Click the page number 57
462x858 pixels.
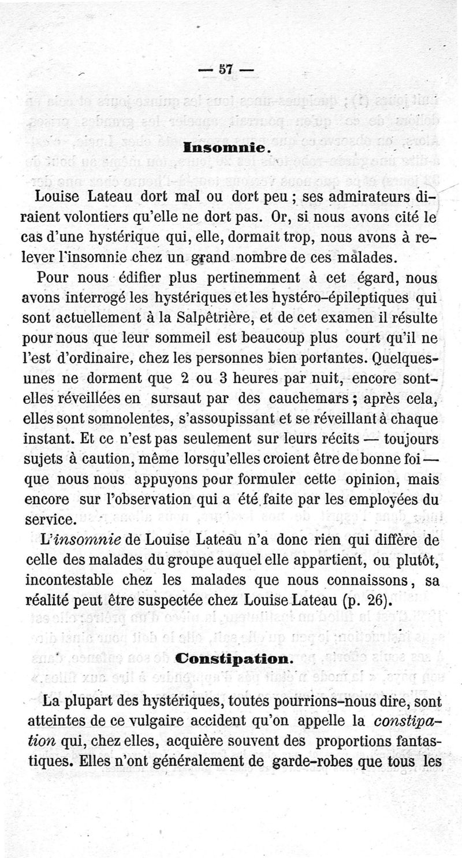[225, 69]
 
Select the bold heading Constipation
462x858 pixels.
[226, 659]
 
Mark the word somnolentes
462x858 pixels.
[122, 419]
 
